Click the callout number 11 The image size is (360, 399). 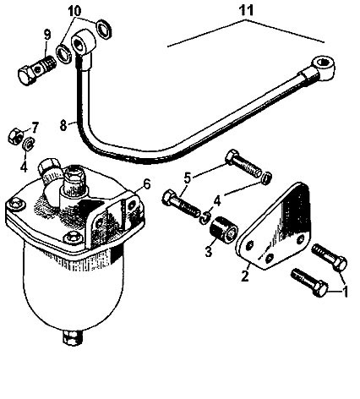click(x=246, y=11)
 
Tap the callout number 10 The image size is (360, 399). click(x=74, y=11)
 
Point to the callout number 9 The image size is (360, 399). click(x=47, y=35)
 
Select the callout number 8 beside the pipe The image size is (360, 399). click(x=63, y=126)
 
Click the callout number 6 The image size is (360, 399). click(x=146, y=184)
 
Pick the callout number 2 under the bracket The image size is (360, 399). click(x=245, y=276)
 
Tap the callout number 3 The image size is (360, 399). click(x=208, y=252)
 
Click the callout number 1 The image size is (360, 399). click(x=345, y=291)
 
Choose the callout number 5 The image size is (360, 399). click(x=188, y=178)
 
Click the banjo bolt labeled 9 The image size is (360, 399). click(x=37, y=70)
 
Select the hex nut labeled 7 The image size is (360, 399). click(x=15, y=134)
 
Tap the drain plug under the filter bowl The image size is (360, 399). click(x=73, y=338)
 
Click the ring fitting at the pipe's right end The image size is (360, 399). click(x=323, y=67)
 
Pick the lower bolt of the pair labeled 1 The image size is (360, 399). click(x=309, y=282)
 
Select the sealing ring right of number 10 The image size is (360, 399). click(x=104, y=29)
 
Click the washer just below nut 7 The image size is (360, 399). click(x=28, y=145)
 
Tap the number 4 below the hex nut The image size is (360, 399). click(x=24, y=167)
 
